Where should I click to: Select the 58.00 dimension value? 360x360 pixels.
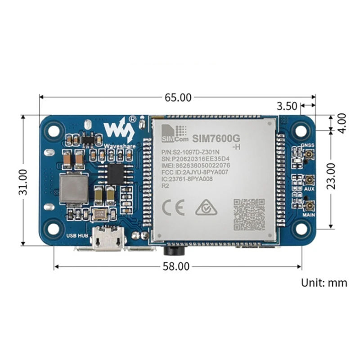point(176,266)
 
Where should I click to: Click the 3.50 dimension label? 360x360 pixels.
point(287,106)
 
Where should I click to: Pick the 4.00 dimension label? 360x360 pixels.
point(342,122)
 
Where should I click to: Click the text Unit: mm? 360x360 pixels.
point(324,283)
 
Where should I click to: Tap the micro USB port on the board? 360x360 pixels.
point(107,240)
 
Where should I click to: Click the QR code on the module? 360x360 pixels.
point(249,215)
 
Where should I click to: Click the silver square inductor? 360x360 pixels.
point(73,187)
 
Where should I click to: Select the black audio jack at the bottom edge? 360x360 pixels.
point(171,247)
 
